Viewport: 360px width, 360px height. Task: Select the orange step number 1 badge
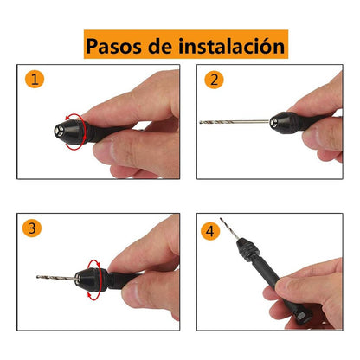click(x=33, y=80)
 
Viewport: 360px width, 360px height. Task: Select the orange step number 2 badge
click(x=212, y=80)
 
